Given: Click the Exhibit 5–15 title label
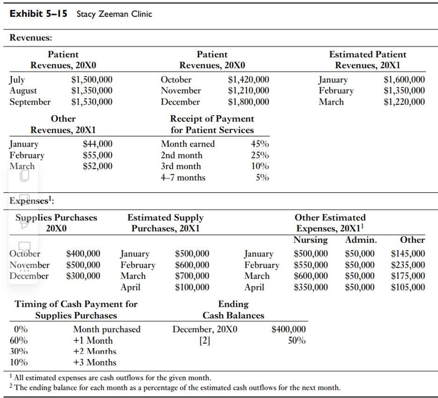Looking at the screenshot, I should [x=38, y=14].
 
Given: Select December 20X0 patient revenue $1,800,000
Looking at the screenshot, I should [x=248, y=101].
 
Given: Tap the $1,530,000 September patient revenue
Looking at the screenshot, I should [x=91, y=101].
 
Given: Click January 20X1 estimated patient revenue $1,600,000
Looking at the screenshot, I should [x=404, y=80].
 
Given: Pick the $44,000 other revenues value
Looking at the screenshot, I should [x=97, y=144].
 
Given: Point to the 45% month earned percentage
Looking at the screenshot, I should [x=260, y=144].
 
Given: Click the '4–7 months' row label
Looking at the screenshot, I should [x=183, y=177].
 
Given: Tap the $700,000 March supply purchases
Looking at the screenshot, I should [x=192, y=276].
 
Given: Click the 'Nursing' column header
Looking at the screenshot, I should [x=311, y=240].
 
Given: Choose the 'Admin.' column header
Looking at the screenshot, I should [x=361, y=240].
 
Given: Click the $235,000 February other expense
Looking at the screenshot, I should [x=408, y=265].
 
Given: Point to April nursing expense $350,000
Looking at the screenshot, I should [x=311, y=287].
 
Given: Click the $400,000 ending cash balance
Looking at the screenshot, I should [x=289, y=329].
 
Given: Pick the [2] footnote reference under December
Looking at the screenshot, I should [x=204, y=340].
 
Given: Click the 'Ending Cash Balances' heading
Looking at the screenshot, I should [x=233, y=310].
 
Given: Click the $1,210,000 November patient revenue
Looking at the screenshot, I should [x=248, y=91].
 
